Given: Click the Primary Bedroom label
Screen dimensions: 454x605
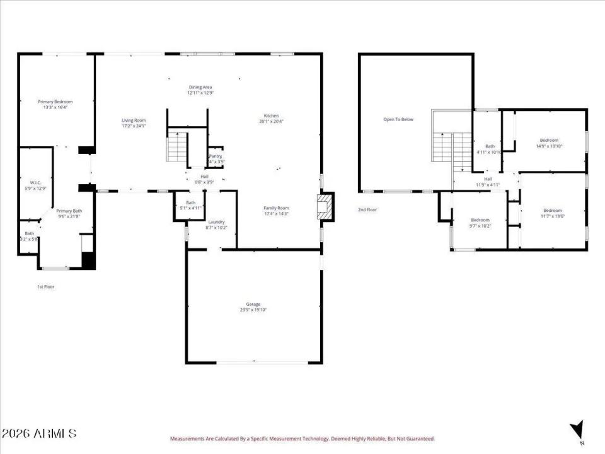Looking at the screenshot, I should click(55, 102).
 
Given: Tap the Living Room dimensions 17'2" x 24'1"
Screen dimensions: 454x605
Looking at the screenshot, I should click(134, 126).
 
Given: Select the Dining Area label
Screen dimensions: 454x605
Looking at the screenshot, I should click(200, 87).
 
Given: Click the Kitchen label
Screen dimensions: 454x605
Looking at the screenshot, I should click(271, 115).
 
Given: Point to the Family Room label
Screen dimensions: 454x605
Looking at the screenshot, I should click(276, 207).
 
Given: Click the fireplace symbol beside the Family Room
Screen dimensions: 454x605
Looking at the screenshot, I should click(324, 207).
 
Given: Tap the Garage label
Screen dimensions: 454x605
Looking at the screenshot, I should click(253, 304).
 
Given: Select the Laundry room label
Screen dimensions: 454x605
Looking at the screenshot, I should click(216, 222).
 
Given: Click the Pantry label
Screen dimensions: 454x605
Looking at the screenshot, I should click(216, 156).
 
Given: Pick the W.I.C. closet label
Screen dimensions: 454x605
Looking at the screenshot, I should click(35, 182).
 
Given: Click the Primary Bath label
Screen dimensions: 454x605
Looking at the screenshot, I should click(69, 211).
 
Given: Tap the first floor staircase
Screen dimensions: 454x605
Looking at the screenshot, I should click(177, 148).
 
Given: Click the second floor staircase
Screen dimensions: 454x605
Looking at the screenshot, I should click(452, 148).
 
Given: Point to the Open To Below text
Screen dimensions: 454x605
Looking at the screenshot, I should click(398, 119).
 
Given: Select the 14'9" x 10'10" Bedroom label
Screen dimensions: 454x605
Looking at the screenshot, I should click(549, 140).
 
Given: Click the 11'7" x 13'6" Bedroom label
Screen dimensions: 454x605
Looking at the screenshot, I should click(553, 210).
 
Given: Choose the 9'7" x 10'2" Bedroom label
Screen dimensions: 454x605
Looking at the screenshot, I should click(480, 220).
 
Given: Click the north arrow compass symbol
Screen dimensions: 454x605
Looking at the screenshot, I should click(576, 430).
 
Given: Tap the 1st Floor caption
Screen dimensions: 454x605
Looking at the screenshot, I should click(45, 287).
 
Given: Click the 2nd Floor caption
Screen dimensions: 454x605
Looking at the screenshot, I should click(367, 209).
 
